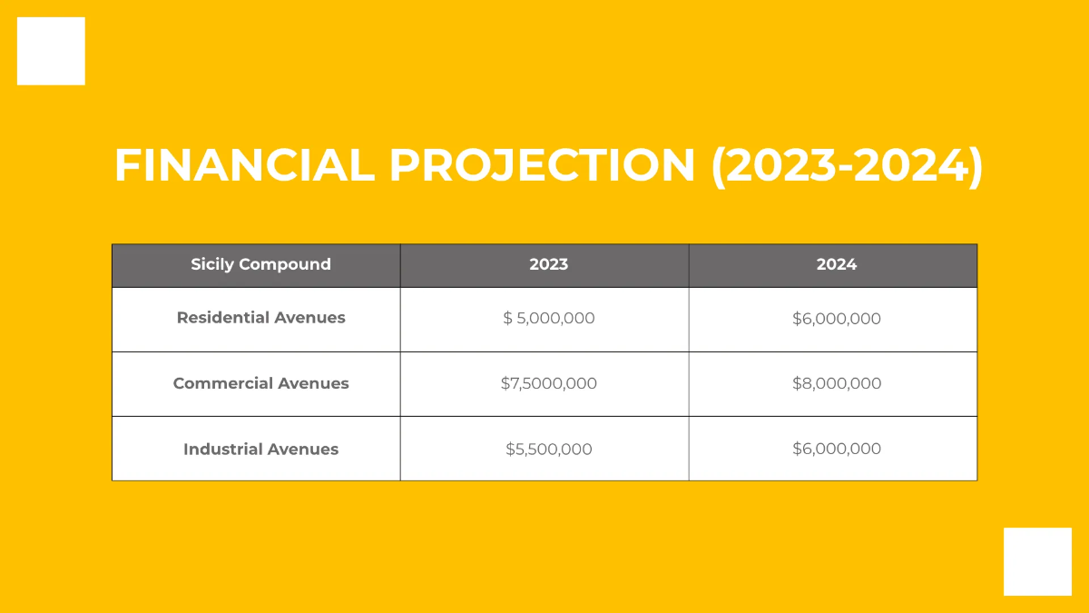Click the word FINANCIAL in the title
(243, 166)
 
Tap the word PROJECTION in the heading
(542, 166)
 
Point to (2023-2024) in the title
(847, 166)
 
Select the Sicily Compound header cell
(260, 265)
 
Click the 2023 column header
(548, 265)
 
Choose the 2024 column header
(836, 265)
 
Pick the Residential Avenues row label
(260, 318)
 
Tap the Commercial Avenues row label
(260, 383)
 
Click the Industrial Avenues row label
(260, 449)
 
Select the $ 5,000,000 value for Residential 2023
(548, 319)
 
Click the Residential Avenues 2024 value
(836, 319)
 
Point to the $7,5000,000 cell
(548, 383)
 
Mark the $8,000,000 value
(836, 383)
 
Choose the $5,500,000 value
(548, 449)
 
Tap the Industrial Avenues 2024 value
(836, 449)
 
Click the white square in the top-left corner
(51, 51)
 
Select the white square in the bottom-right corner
(1037, 561)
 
